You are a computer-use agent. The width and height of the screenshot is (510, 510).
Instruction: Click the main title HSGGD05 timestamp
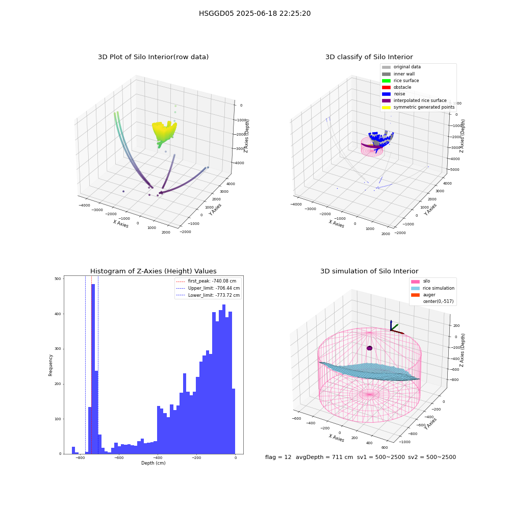[x=254, y=13]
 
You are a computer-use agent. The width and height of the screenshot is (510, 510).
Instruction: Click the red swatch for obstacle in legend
[x=386, y=87]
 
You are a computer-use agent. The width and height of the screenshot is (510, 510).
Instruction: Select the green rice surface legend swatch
[x=386, y=81]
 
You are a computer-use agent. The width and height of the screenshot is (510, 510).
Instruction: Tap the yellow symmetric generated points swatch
[x=386, y=107]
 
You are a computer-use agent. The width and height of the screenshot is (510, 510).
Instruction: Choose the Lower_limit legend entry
[x=208, y=295]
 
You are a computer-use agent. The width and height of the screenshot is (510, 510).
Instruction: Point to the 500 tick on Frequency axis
[x=58, y=279]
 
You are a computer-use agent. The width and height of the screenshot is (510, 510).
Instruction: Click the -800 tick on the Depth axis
[x=80, y=457]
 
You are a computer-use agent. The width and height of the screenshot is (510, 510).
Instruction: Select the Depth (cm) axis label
[x=154, y=463]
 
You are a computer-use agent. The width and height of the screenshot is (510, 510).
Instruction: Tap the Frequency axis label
[x=50, y=365]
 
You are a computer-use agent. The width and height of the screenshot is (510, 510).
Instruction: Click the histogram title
[x=153, y=271]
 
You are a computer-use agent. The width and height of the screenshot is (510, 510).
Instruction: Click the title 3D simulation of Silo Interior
[x=369, y=271]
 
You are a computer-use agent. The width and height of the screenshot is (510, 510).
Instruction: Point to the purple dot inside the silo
[x=369, y=348]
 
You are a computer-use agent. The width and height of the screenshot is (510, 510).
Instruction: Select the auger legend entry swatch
[x=415, y=295]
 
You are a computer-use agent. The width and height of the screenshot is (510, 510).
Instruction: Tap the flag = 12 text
[x=278, y=457]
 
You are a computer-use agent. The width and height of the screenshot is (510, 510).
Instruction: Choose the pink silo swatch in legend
[x=415, y=282]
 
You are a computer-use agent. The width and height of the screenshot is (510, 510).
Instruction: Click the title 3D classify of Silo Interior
[x=369, y=57]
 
